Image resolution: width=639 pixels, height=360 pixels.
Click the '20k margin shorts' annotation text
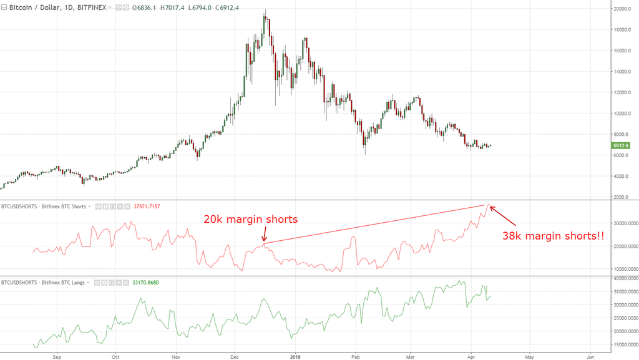250,220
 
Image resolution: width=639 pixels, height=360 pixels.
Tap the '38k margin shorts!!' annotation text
553,236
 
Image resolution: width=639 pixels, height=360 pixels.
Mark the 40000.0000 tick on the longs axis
625,278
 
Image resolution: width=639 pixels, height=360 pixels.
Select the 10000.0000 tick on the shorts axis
625,269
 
